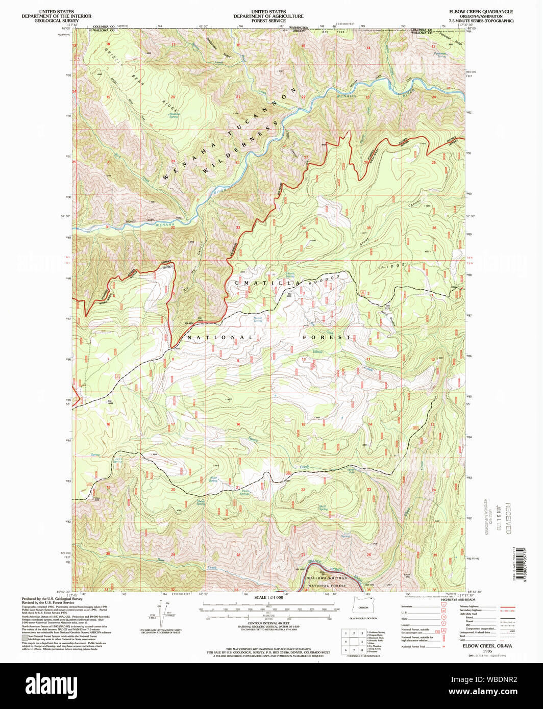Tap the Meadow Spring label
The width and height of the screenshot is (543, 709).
(174, 115)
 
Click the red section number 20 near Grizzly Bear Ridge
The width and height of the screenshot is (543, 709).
(172, 97)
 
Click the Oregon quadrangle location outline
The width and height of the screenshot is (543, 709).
(363, 607)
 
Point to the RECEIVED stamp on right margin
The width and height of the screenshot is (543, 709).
(508, 518)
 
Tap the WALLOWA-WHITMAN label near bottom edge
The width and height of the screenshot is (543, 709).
(327, 578)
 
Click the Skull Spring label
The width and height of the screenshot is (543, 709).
(323, 508)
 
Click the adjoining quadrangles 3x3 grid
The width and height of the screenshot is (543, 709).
(354, 641)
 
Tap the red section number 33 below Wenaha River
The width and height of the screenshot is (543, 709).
(238, 227)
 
